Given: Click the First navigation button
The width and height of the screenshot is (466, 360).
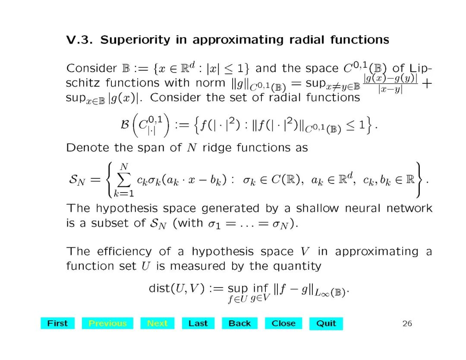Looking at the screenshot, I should pyautogui.click(x=57, y=323).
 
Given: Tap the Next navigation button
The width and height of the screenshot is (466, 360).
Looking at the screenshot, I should pyautogui.click(x=157, y=323).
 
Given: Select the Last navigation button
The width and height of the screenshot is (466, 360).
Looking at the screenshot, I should pyautogui.click(x=198, y=323).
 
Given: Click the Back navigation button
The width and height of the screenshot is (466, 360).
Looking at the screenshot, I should pyautogui.click(x=239, y=323).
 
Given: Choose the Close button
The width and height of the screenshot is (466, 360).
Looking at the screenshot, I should pyautogui.click(x=283, y=323).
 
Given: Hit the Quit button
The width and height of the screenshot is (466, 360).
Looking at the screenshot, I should pyautogui.click(x=326, y=323).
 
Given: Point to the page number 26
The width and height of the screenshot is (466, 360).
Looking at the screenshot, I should pyautogui.click(x=407, y=323).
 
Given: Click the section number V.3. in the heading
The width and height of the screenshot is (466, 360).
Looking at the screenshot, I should pyautogui.click(x=80, y=40).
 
